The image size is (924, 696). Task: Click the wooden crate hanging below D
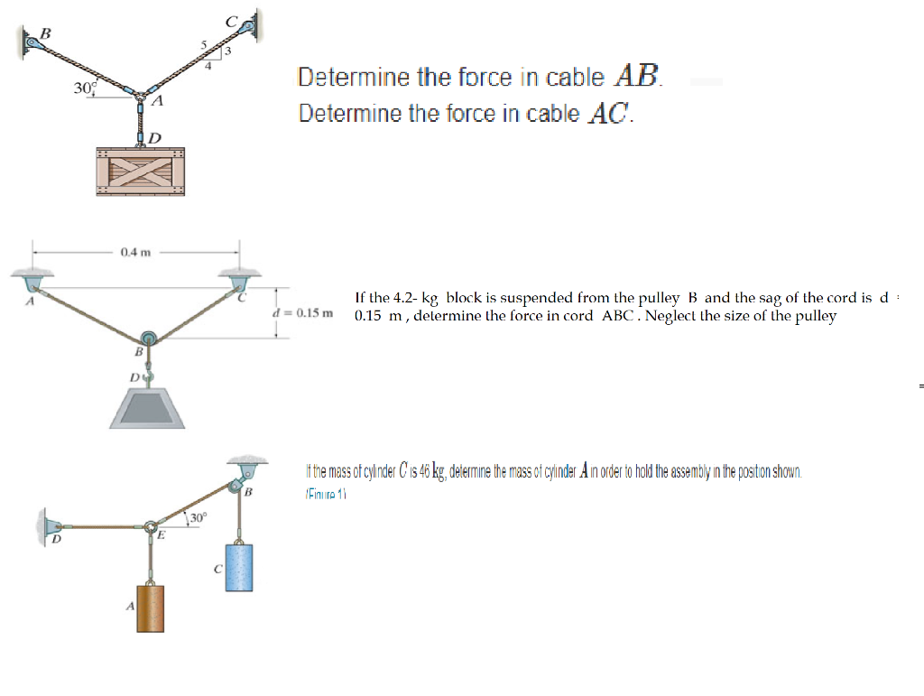click(x=141, y=171)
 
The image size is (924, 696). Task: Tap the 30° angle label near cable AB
click(x=84, y=88)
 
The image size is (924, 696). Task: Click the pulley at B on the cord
click(x=149, y=340)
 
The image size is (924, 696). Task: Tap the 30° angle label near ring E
click(x=199, y=518)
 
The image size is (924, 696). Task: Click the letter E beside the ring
click(x=161, y=535)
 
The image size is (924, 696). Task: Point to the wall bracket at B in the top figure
click(x=32, y=40)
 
